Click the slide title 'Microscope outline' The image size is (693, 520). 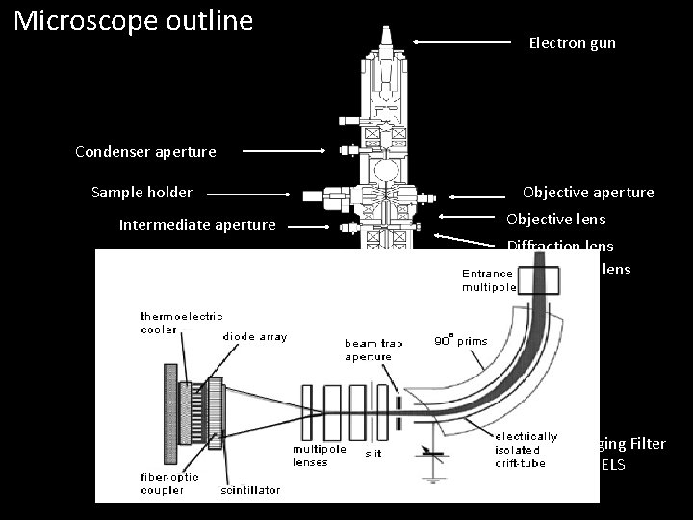[134, 20]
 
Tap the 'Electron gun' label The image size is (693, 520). [572, 43]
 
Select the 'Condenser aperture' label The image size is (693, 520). [145, 151]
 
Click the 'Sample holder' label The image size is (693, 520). [141, 193]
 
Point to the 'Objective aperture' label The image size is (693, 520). [588, 193]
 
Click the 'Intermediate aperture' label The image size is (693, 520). [197, 226]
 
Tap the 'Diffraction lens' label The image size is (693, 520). [559, 247]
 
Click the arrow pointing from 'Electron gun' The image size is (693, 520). [462, 42]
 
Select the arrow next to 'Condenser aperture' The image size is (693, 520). [284, 151]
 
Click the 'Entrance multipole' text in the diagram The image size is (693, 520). [489, 280]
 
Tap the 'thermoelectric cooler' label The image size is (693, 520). [181, 322]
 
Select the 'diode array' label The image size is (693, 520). [254, 337]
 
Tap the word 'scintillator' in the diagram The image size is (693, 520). [250, 490]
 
